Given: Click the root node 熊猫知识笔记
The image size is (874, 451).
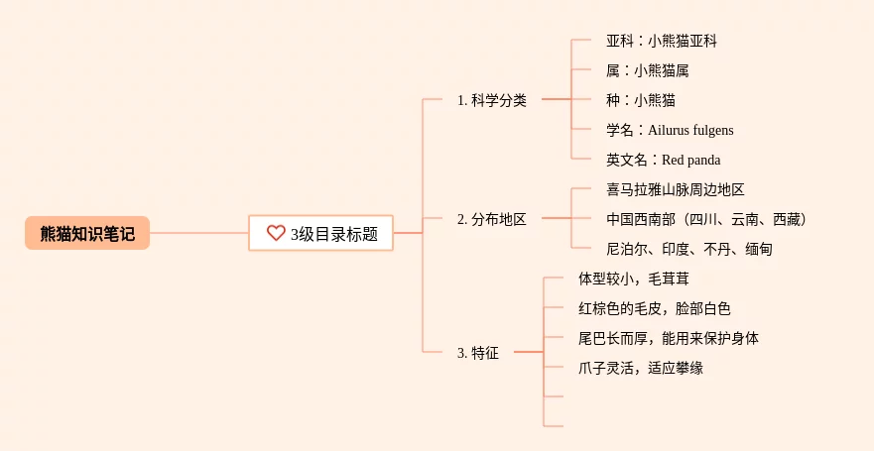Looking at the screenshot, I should tap(87, 233).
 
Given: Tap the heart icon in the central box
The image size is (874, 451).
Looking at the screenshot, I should tap(276, 233).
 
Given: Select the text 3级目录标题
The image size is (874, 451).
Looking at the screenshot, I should tap(334, 234).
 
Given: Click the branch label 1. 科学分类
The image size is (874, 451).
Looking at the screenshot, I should tap(492, 100).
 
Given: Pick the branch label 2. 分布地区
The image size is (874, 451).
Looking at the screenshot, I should tap(492, 219).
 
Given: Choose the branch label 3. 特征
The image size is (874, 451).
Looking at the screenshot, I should tap(478, 352).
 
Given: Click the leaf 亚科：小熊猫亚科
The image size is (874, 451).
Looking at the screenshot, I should tap(662, 41).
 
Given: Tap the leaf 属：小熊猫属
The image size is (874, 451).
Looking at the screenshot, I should tap(648, 70).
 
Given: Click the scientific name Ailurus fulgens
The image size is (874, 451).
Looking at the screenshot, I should tap(691, 130).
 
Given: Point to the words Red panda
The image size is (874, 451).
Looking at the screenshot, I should tap(691, 160).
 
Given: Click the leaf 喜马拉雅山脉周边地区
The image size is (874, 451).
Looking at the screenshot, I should tap(676, 189).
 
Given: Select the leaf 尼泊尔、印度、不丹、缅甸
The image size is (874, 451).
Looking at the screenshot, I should tap(689, 249).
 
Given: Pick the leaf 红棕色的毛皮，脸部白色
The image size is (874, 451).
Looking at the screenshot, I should tap(655, 308).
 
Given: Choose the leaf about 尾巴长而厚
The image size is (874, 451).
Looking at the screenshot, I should tap(669, 338).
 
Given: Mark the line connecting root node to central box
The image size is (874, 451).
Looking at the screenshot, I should tap(198, 233).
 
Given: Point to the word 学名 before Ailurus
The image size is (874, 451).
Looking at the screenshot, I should tap(619, 130).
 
